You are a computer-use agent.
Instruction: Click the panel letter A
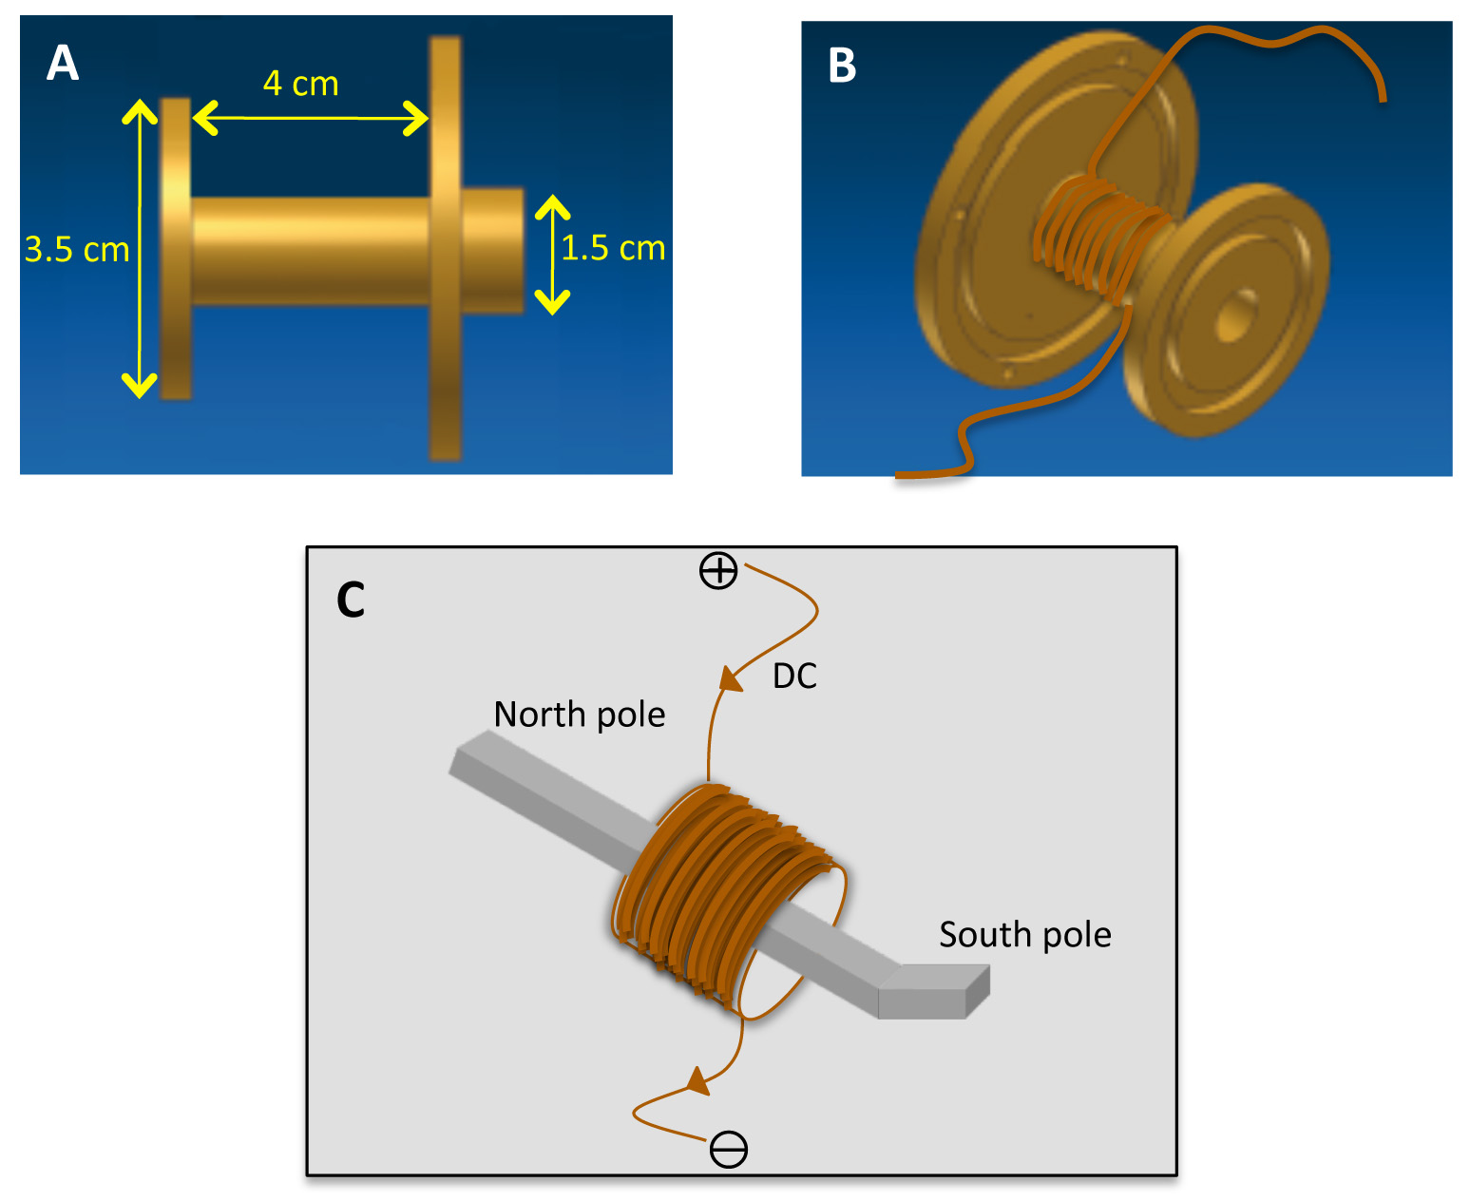pos(63,63)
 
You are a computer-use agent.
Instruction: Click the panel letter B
pos(842,66)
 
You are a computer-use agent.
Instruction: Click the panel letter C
pos(351,600)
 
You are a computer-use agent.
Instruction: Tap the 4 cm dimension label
pos(300,84)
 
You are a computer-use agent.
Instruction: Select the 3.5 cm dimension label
pos(77,250)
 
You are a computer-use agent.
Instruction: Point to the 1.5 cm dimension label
pos(613,248)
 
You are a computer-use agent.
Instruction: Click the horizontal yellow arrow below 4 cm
pos(310,118)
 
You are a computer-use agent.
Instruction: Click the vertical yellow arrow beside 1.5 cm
pos(552,255)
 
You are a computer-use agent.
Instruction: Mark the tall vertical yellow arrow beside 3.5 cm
pos(140,248)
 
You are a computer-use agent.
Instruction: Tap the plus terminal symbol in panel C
pos(718,571)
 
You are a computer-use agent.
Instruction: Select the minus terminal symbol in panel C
pos(729,1150)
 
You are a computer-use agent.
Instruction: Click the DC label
pos(794,677)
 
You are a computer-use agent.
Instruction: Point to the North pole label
pos(580,715)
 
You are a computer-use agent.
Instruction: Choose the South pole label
pos(1024,935)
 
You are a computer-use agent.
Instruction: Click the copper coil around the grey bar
pos(729,899)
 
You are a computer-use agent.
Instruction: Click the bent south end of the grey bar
pos(934,990)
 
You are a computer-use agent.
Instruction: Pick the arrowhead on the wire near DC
pos(731,678)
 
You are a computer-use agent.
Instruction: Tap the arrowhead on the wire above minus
pos(697,1081)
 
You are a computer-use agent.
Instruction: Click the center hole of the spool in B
pos(1236,316)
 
